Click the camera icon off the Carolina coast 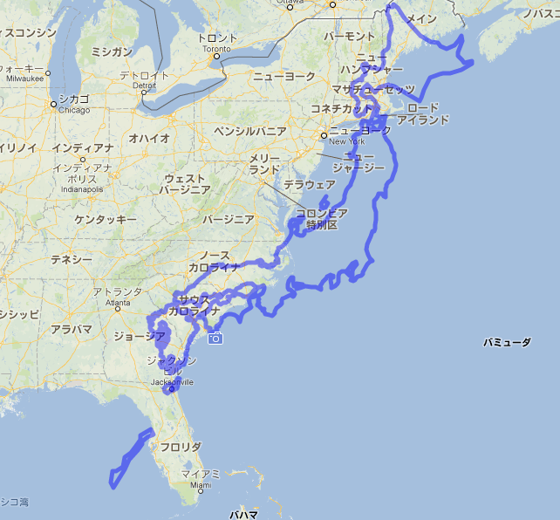[215, 338]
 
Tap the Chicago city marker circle [54, 104]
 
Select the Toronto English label [216, 49]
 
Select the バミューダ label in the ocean [507, 343]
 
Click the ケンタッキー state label [106, 219]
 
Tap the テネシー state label [72, 260]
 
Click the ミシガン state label [112, 52]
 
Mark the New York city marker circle [324, 135]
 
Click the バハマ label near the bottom [243, 514]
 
